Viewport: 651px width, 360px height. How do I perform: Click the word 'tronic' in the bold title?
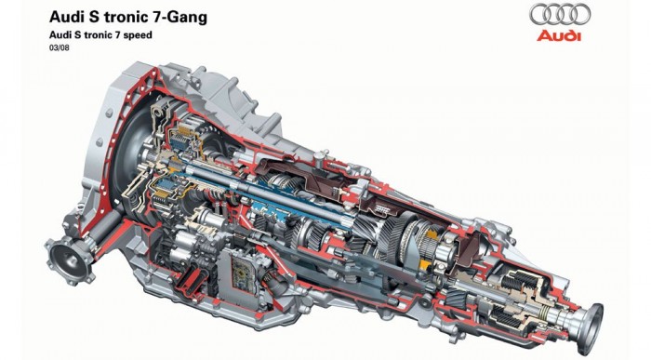click(x=124, y=18)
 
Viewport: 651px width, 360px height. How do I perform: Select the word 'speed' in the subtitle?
click(x=139, y=35)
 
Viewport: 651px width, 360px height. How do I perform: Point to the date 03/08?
click(x=59, y=48)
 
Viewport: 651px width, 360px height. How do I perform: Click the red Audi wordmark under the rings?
click(x=559, y=36)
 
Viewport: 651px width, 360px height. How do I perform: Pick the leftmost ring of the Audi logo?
click(x=538, y=14)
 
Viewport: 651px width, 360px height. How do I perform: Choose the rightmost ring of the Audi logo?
click(x=581, y=14)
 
